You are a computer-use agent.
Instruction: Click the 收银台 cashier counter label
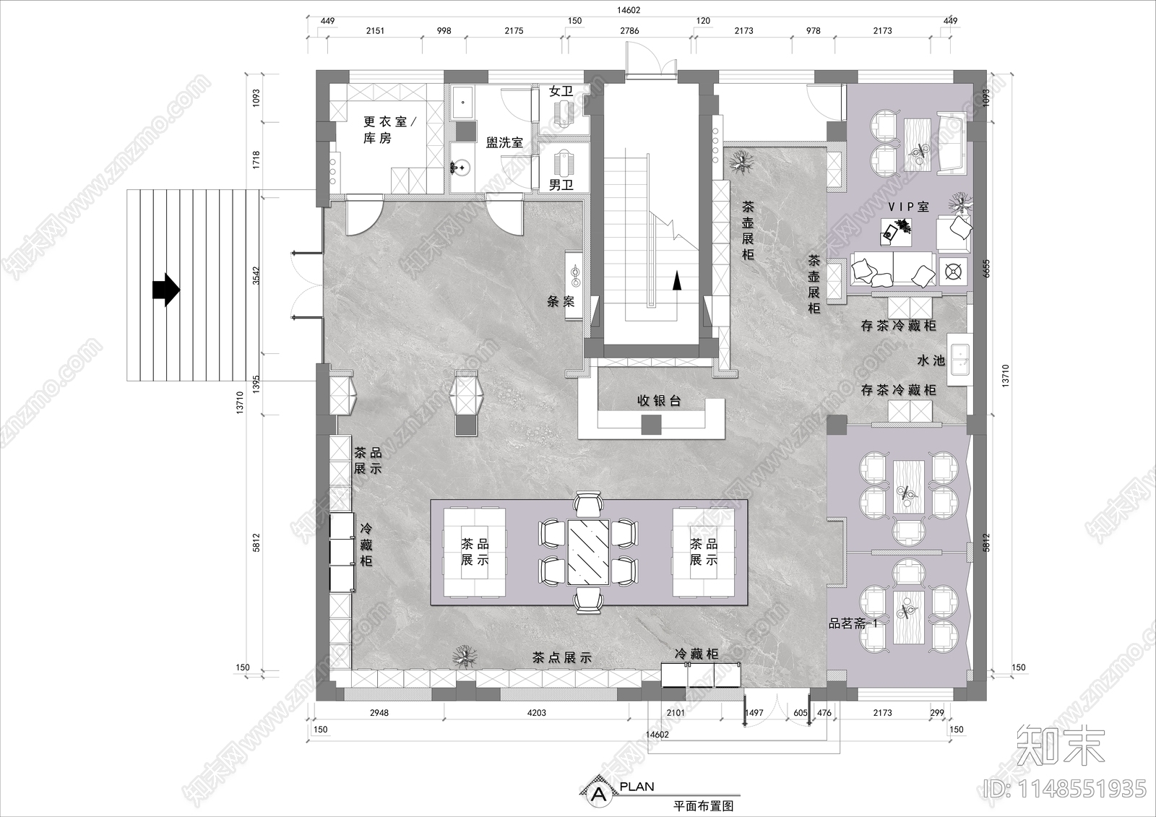click(659, 401)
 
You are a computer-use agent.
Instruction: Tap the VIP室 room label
click(908, 207)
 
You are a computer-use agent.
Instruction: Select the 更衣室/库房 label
click(384, 130)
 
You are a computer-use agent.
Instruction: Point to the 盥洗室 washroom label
click(504, 143)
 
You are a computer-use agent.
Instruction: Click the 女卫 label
click(561, 92)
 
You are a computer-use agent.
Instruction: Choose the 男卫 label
click(561, 185)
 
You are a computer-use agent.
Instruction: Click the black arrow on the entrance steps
click(165, 290)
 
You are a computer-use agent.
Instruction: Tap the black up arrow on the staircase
click(676, 280)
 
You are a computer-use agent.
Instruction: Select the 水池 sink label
click(931, 360)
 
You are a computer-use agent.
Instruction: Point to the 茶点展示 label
click(561, 658)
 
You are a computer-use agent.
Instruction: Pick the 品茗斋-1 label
click(853, 623)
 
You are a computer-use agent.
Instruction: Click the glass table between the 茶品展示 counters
click(588, 550)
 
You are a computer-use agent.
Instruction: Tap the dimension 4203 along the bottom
click(536, 713)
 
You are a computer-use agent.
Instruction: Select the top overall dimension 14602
click(629, 11)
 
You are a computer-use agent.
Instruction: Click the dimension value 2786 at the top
click(630, 31)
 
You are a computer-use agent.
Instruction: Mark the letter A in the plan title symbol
click(598, 795)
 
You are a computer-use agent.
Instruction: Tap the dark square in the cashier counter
click(652, 426)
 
